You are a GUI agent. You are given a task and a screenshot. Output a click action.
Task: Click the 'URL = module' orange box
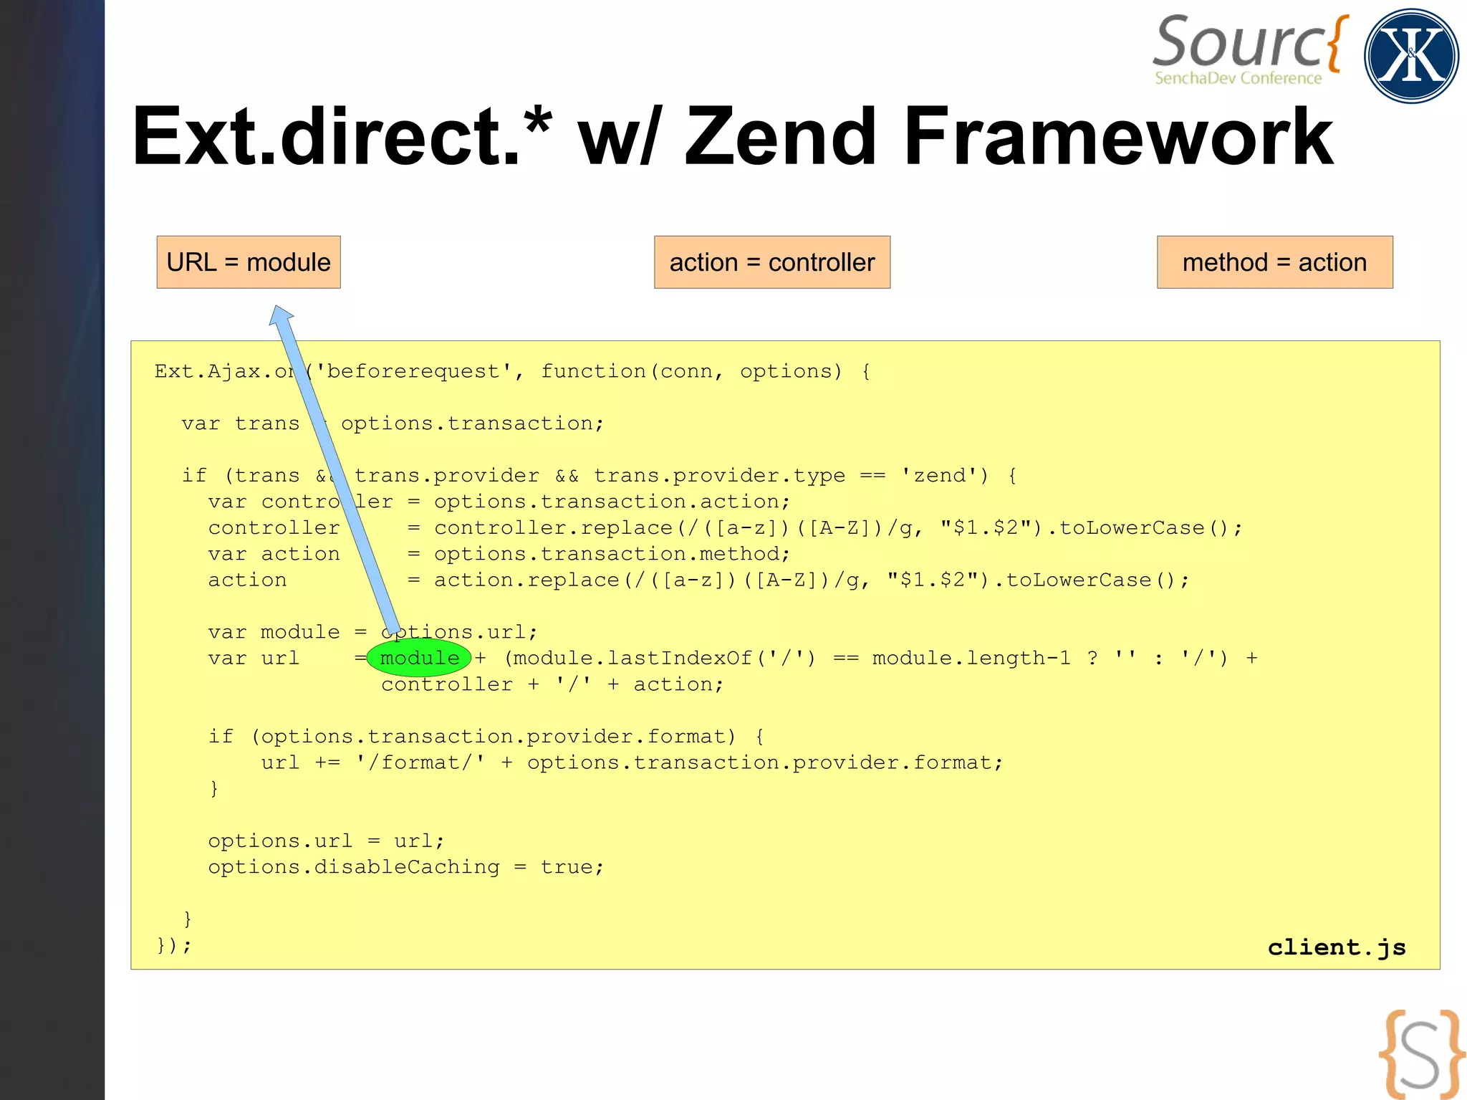249,262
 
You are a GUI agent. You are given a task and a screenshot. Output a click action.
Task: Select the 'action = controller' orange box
771,262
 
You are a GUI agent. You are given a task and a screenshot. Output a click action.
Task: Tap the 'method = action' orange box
1274,262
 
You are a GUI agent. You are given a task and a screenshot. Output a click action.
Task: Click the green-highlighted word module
419,658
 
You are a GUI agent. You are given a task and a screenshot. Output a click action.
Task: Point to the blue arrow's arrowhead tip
276,309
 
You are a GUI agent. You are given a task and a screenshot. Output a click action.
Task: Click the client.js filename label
1337,947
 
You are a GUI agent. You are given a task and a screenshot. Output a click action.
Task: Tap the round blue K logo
1411,56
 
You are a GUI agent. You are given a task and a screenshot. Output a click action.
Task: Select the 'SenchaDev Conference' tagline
1238,78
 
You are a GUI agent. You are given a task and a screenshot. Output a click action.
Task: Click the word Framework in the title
1118,136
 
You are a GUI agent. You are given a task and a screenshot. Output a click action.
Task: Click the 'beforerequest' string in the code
413,371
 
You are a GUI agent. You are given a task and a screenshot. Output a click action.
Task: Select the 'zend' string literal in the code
939,476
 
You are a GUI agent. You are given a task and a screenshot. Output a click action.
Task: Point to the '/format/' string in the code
420,762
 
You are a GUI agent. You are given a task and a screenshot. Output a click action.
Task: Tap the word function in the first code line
593,371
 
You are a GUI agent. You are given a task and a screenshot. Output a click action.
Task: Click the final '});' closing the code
173,944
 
